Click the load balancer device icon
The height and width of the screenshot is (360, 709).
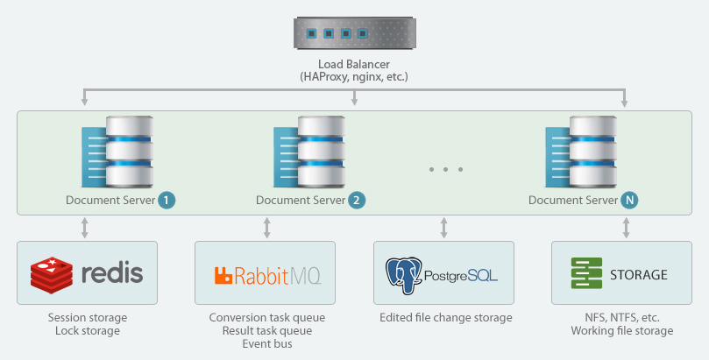coord(354,32)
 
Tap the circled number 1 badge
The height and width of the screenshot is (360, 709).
coord(167,200)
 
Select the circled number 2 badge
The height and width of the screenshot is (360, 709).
coord(357,200)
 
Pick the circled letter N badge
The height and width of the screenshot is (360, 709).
coord(629,200)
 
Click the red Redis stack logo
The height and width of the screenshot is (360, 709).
coord(52,275)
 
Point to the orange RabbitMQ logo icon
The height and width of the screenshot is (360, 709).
coord(223,276)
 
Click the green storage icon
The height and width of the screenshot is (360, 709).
coord(586,273)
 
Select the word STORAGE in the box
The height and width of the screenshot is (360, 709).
coord(639,275)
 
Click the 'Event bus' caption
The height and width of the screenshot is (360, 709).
coord(267,343)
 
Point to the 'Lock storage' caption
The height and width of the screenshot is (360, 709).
coord(88,330)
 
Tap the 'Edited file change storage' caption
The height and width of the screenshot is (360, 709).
coord(446,318)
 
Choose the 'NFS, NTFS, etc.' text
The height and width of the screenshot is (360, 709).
coord(622,318)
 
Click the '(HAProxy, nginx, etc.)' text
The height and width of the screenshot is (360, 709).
coord(354,77)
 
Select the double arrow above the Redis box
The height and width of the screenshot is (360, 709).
coord(84,228)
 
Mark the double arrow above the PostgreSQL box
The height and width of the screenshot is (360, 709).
coord(444,228)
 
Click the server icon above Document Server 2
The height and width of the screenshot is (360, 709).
coord(309,152)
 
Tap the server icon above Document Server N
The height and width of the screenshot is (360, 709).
coord(581,152)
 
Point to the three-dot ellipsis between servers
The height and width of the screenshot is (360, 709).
coord(446,169)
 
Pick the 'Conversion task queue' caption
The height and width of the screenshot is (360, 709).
coord(267,318)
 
